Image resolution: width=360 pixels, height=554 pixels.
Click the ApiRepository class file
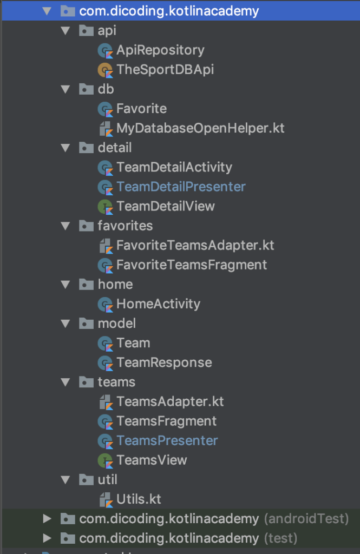click(x=160, y=50)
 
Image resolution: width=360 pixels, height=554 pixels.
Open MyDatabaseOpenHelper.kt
click(x=200, y=128)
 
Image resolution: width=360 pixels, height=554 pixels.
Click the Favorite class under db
click(x=141, y=109)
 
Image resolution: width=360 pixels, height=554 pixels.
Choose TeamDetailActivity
click(x=174, y=167)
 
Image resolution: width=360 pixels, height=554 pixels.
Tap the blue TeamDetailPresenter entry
click(x=181, y=187)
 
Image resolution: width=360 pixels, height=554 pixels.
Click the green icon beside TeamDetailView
click(x=104, y=206)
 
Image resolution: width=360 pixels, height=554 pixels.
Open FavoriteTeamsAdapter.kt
click(x=195, y=245)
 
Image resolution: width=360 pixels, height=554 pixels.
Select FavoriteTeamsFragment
click(x=192, y=265)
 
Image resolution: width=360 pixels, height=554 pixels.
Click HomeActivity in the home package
click(x=158, y=304)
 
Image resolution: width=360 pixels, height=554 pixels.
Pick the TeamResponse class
click(x=164, y=362)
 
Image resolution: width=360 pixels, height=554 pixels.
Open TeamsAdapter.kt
click(x=170, y=401)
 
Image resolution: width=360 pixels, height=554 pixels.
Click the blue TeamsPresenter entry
click(x=167, y=440)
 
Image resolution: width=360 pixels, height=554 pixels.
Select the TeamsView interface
click(x=152, y=460)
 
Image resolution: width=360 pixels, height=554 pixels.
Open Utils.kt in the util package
click(x=139, y=499)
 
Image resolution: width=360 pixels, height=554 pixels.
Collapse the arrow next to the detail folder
click(x=66, y=148)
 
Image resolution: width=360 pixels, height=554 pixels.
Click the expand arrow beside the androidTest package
click(x=47, y=519)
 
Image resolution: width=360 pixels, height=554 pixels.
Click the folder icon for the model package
click(x=86, y=324)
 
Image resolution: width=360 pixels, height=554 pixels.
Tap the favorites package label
click(x=125, y=226)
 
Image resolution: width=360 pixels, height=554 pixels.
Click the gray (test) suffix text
click(x=280, y=538)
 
